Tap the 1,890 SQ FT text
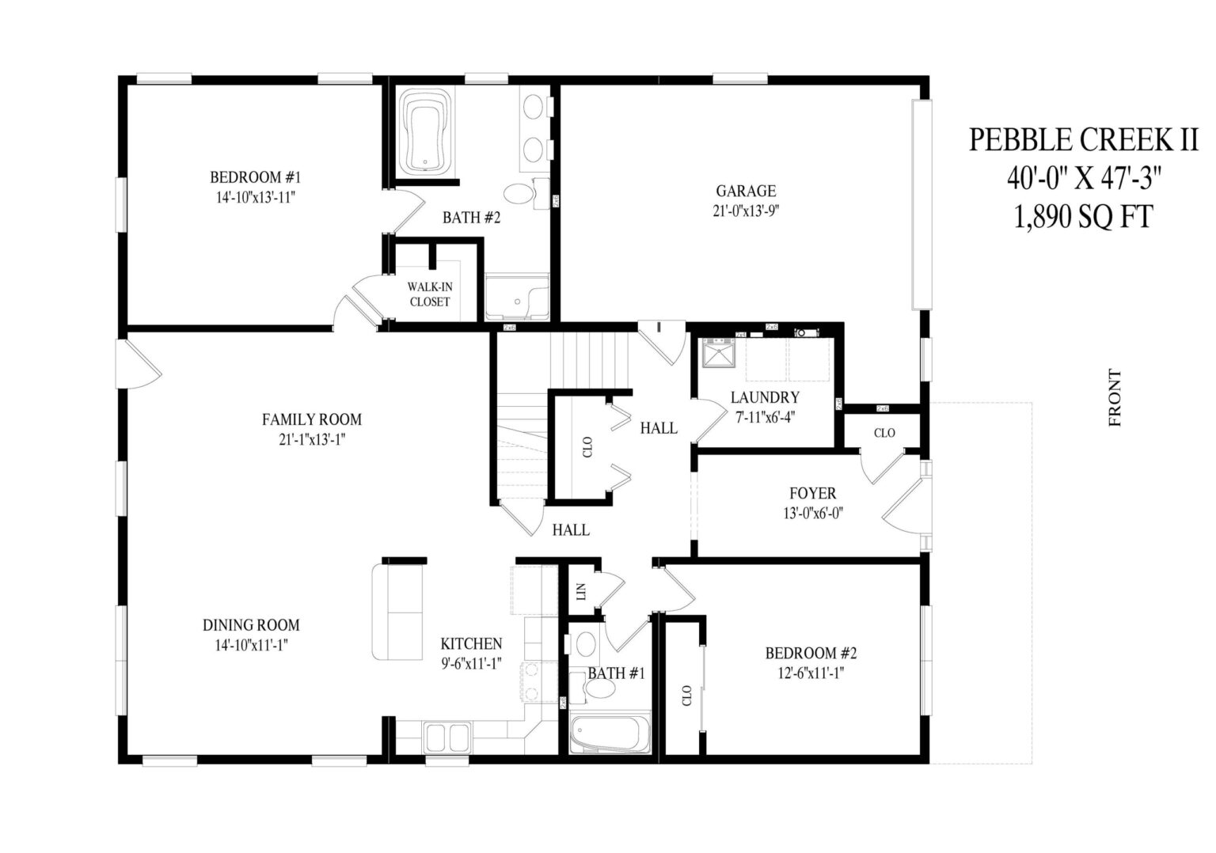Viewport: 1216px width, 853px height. [1083, 216]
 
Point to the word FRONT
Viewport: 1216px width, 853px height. [1115, 397]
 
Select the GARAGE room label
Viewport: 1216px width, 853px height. [745, 191]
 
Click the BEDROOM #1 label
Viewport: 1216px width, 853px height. [255, 176]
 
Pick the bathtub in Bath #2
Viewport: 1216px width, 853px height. [425, 132]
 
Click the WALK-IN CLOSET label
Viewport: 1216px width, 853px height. [430, 294]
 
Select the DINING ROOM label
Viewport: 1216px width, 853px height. [251, 625]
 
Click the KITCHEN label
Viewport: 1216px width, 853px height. [471, 644]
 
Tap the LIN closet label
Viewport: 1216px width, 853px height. [581, 591]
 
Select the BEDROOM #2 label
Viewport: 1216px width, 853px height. [811, 653]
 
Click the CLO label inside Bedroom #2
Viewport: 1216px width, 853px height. [686, 695]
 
